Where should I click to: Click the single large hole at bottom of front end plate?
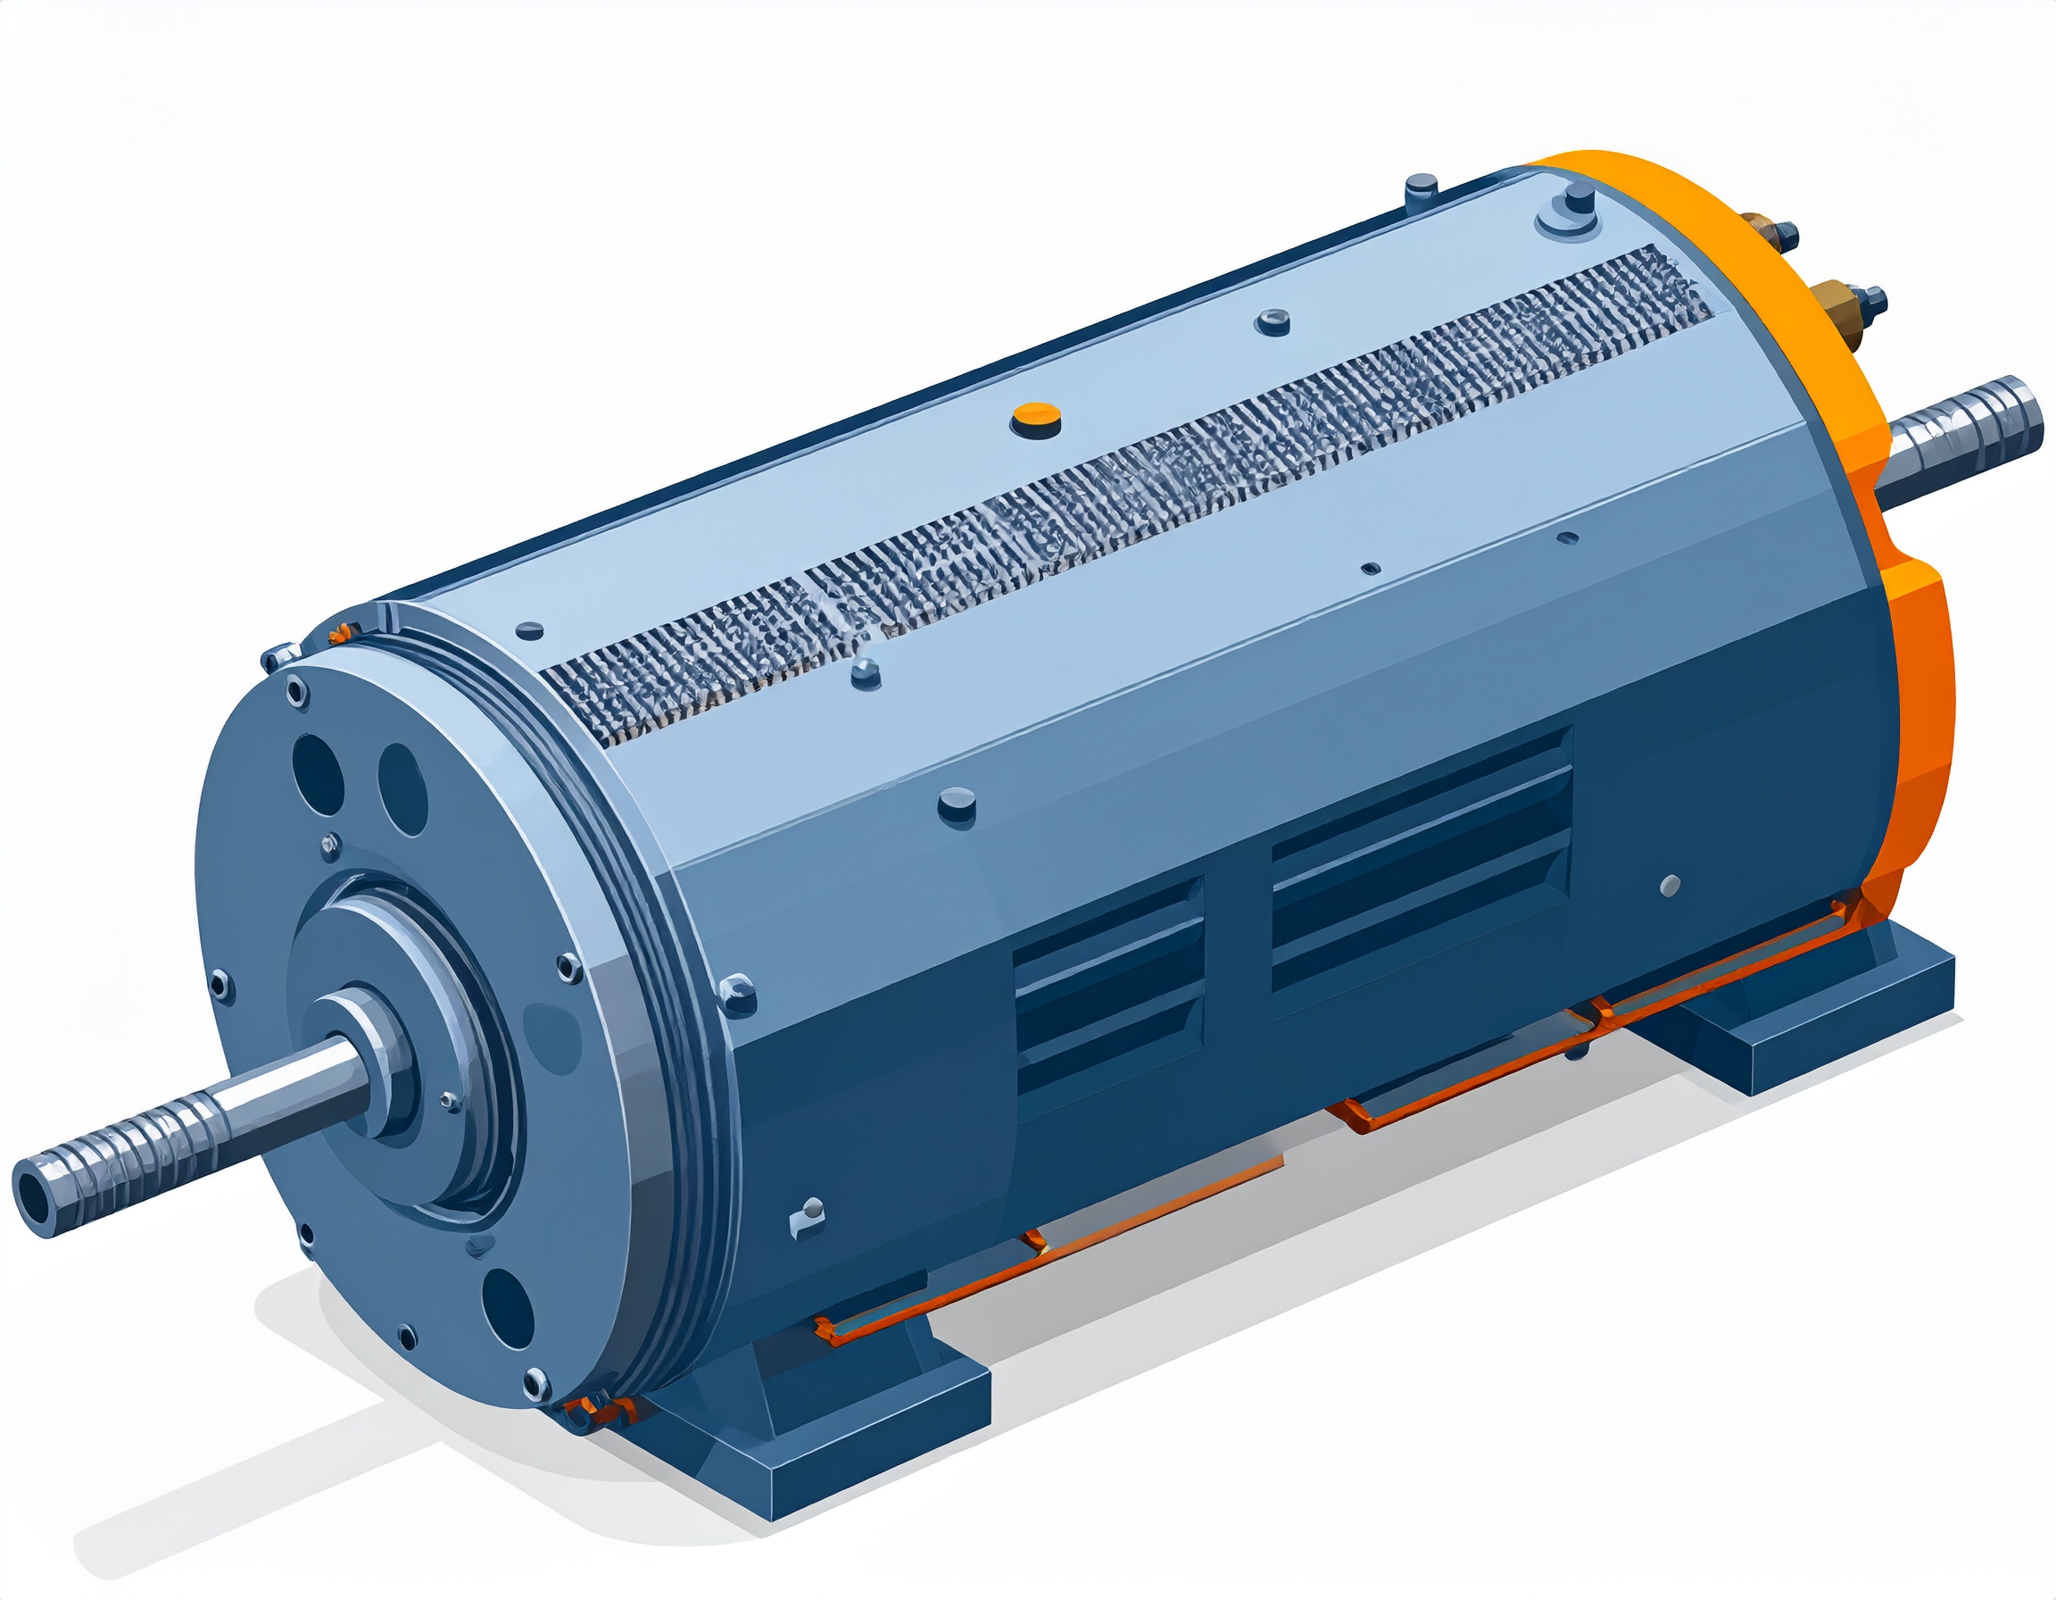coord(510,1310)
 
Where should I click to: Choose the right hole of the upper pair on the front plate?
coord(403,788)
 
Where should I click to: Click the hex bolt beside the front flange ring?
coord(736,992)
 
